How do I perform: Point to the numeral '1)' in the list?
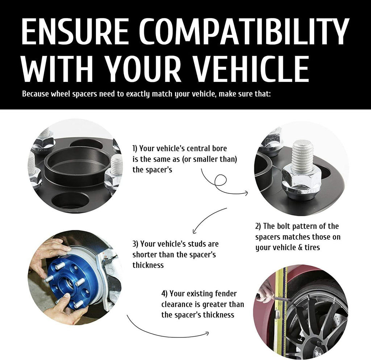click(135, 149)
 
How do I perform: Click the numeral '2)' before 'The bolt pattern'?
click(258, 226)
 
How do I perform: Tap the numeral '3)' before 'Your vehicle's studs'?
click(135, 244)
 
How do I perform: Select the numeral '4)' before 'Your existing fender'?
click(164, 294)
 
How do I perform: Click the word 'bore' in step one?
click(219, 149)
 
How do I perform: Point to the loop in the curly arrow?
click(220, 180)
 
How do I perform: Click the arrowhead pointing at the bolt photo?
click(246, 193)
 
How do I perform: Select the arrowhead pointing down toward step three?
click(195, 231)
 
